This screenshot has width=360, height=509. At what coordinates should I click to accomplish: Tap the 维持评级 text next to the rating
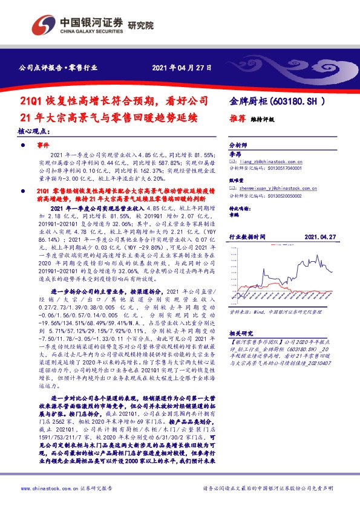point(263,120)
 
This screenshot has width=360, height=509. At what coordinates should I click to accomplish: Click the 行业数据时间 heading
point(247,238)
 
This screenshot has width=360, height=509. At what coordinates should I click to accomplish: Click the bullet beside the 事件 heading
point(24,146)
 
